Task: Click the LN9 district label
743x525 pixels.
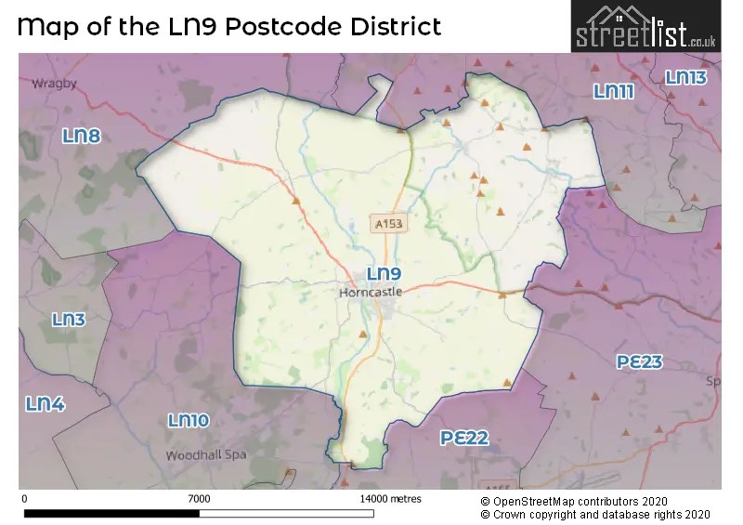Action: point(384,274)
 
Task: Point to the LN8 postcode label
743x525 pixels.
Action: point(81,137)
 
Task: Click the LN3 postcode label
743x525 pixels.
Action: point(68,320)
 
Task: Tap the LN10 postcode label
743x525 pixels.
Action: point(189,421)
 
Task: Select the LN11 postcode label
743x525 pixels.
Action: point(613,91)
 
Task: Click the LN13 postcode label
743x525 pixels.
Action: point(686,78)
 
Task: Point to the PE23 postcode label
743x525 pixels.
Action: point(640,361)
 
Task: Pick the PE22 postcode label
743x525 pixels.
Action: point(464,438)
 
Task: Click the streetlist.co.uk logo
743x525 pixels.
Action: point(645,27)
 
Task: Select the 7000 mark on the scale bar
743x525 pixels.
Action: point(198,498)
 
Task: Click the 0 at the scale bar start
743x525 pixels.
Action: point(23,498)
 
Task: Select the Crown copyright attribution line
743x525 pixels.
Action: point(594,514)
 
